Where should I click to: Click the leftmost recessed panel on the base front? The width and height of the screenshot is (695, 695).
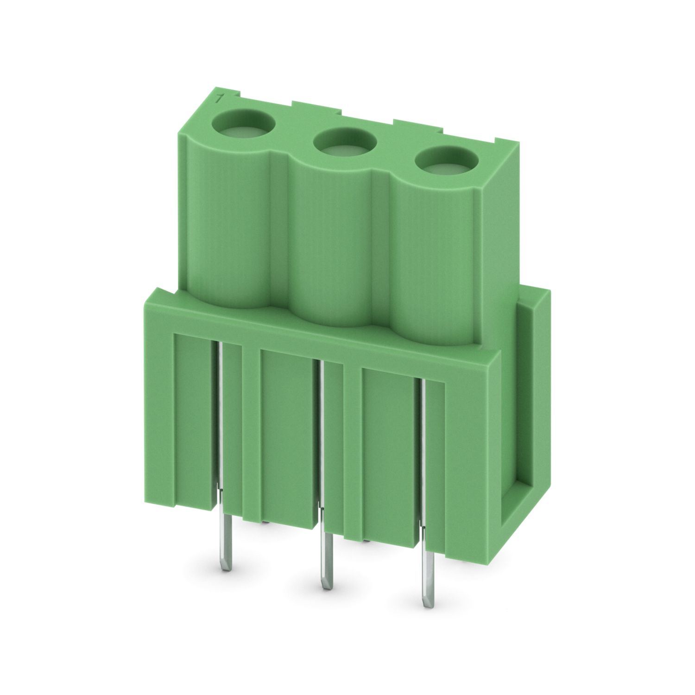[x=193, y=417]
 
